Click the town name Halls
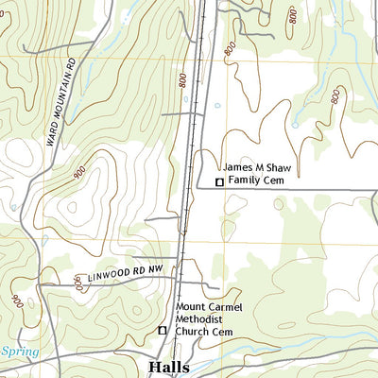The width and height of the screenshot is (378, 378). [x=168, y=367]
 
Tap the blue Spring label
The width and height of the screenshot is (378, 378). [x=19, y=352]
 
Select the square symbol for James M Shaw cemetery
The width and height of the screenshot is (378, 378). [x=219, y=181]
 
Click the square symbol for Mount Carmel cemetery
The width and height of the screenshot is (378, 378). [x=162, y=331]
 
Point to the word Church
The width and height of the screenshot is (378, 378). [x=196, y=332]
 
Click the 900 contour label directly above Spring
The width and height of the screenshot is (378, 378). [x=17, y=301]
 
